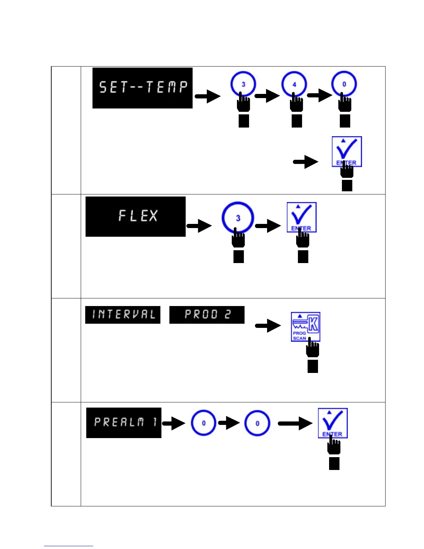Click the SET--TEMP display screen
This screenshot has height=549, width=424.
coord(142,88)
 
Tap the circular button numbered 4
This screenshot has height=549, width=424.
coord(294,84)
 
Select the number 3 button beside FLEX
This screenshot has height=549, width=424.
coord(238,218)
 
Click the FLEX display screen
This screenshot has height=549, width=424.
coord(135,217)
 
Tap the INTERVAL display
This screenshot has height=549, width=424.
coord(123,315)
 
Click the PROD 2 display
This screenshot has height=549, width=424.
coord(207,315)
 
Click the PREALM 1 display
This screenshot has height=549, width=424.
coord(124,422)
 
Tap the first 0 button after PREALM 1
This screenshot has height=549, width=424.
coord(204,423)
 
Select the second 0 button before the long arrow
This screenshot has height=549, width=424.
coord(257,423)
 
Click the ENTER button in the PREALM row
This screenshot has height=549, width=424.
coord(333,423)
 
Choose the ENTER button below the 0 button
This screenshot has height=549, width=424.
coord(347,151)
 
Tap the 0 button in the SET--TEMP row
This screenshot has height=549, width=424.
coord(344,84)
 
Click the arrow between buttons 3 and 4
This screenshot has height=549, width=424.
coord(267,96)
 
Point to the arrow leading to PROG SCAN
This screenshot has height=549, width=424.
coord(268,325)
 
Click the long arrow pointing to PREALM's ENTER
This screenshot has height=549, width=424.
coord(295,423)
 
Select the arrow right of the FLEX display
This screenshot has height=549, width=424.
coord(199,226)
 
